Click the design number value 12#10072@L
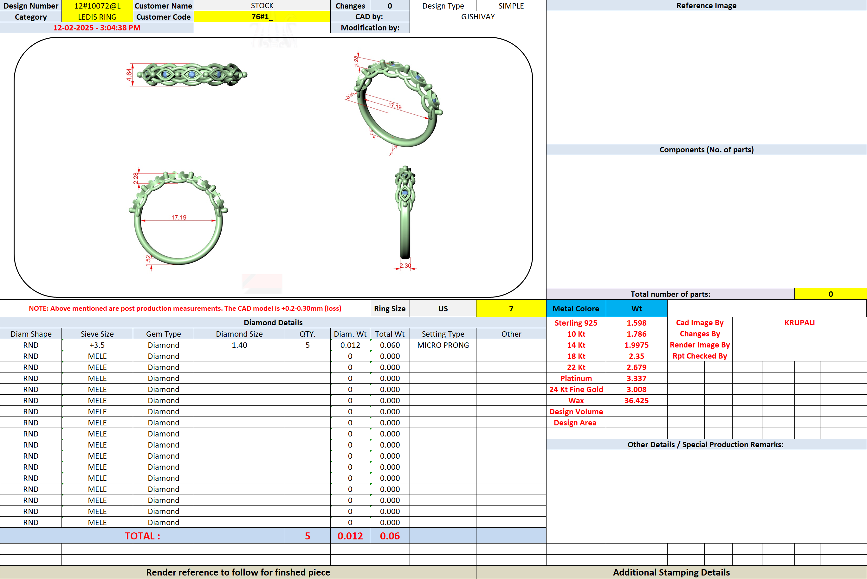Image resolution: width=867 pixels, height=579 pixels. tap(97, 5)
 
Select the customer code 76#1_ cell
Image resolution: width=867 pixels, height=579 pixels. tap(262, 16)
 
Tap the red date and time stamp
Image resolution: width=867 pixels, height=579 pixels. tap(97, 28)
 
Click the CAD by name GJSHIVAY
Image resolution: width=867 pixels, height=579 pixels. tap(478, 16)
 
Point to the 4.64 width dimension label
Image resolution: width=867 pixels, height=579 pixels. tap(129, 74)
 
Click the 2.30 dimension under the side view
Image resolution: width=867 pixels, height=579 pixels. tap(405, 265)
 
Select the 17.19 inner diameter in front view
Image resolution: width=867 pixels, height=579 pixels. tap(179, 218)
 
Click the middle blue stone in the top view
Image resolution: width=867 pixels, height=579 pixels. tap(191, 74)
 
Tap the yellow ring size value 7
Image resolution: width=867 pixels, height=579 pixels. tap(511, 308)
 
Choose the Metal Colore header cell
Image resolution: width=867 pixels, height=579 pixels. tap(576, 308)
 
